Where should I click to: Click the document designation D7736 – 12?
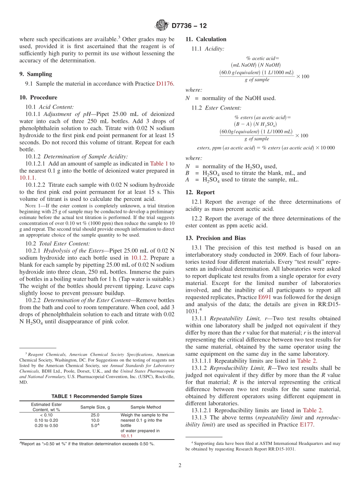(189, 26)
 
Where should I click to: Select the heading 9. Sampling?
(36, 74)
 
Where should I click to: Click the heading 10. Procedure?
(38, 97)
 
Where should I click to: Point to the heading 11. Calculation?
(206, 39)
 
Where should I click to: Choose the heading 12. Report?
(200, 192)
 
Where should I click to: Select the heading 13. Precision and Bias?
(215, 238)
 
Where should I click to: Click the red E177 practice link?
(306, 424)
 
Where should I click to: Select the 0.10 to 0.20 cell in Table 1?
(46, 420)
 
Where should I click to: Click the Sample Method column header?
(146, 407)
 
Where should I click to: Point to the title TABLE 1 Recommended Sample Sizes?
(97, 396)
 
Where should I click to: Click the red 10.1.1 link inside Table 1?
(126, 436)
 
